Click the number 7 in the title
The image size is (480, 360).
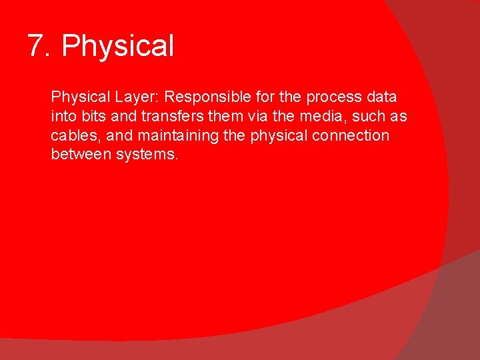(x=37, y=46)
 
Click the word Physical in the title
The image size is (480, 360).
(x=117, y=47)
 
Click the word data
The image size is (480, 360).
(x=382, y=97)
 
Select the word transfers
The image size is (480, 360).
(x=163, y=116)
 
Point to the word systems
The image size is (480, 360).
(x=146, y=155)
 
